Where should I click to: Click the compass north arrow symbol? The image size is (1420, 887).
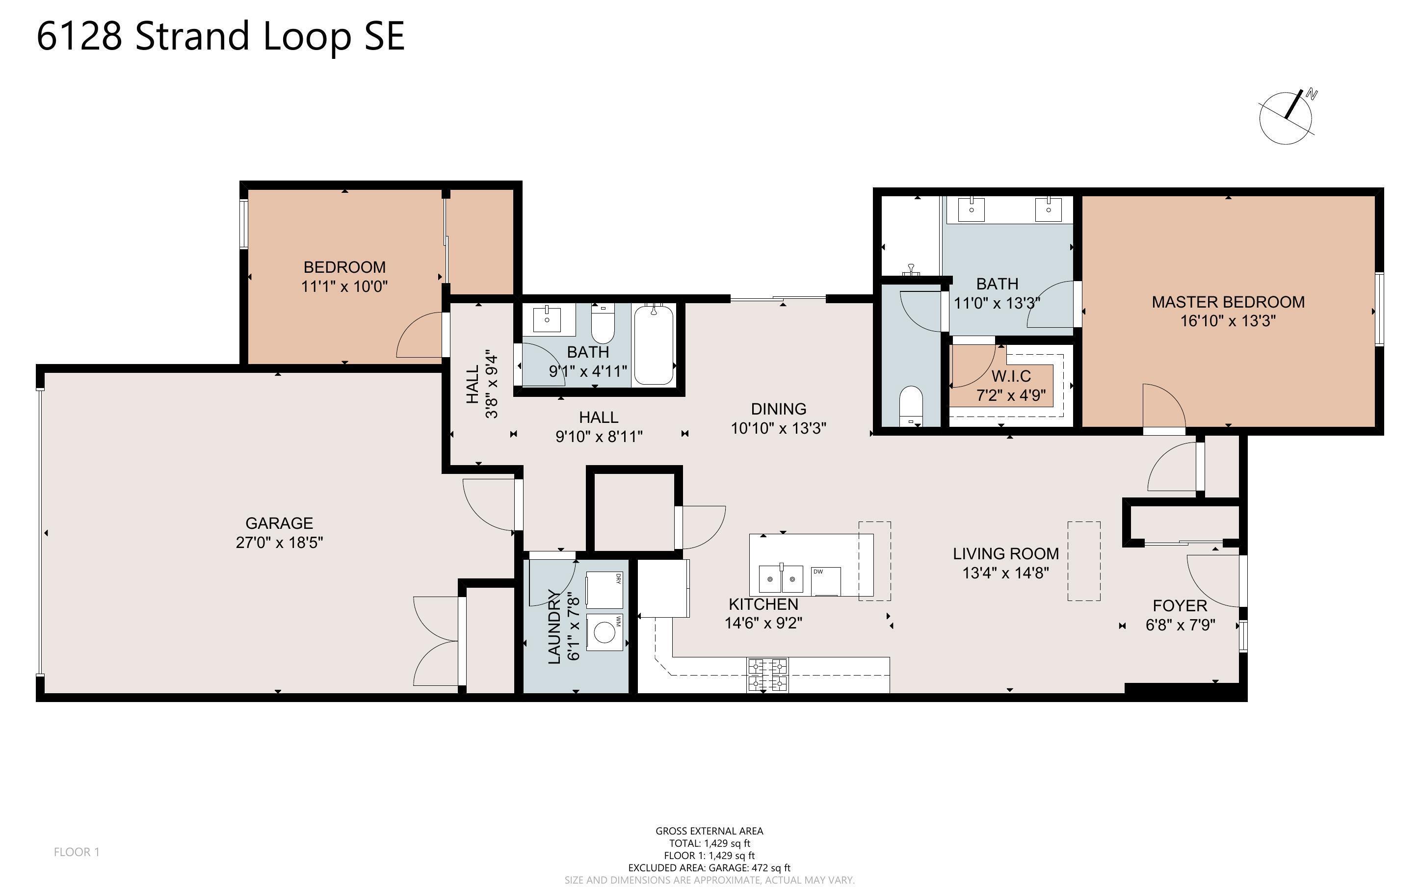pyautogui.click(x=1286, y=117)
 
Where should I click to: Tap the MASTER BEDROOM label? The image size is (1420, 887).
pyautogui.click(x=1228, y=302)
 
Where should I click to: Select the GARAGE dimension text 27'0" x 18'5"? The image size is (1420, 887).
pyautogui.click(x=279, y=543)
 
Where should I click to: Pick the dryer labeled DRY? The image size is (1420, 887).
pyautogui.click(x=604, y=591)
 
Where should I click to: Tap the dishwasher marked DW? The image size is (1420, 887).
pyautogui.click(x=826, y=581)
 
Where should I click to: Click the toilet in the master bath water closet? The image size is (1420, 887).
pyautogui.click(x=911, y=405)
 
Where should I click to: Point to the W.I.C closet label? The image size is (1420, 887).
pyautogui.click(x=1011, y=376)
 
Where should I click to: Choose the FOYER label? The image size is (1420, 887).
pyautogui.click(x=1180, y=606)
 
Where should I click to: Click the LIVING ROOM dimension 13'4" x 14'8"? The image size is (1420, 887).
pyautogui.click(x=1006, y=573)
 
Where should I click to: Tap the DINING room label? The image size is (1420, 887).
pyautogui.click(x=779, y=409)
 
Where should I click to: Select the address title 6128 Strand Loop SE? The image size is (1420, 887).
pyautogui.click(x=220, y=36)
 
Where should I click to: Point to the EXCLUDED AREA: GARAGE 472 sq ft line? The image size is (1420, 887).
pyautogui.click(x=709, y=868)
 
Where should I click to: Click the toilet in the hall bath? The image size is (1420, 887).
pyautogui.click(x=603, y=324)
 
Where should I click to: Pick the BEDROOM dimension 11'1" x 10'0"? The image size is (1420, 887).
pyautogui.click(x=344, y=287)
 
